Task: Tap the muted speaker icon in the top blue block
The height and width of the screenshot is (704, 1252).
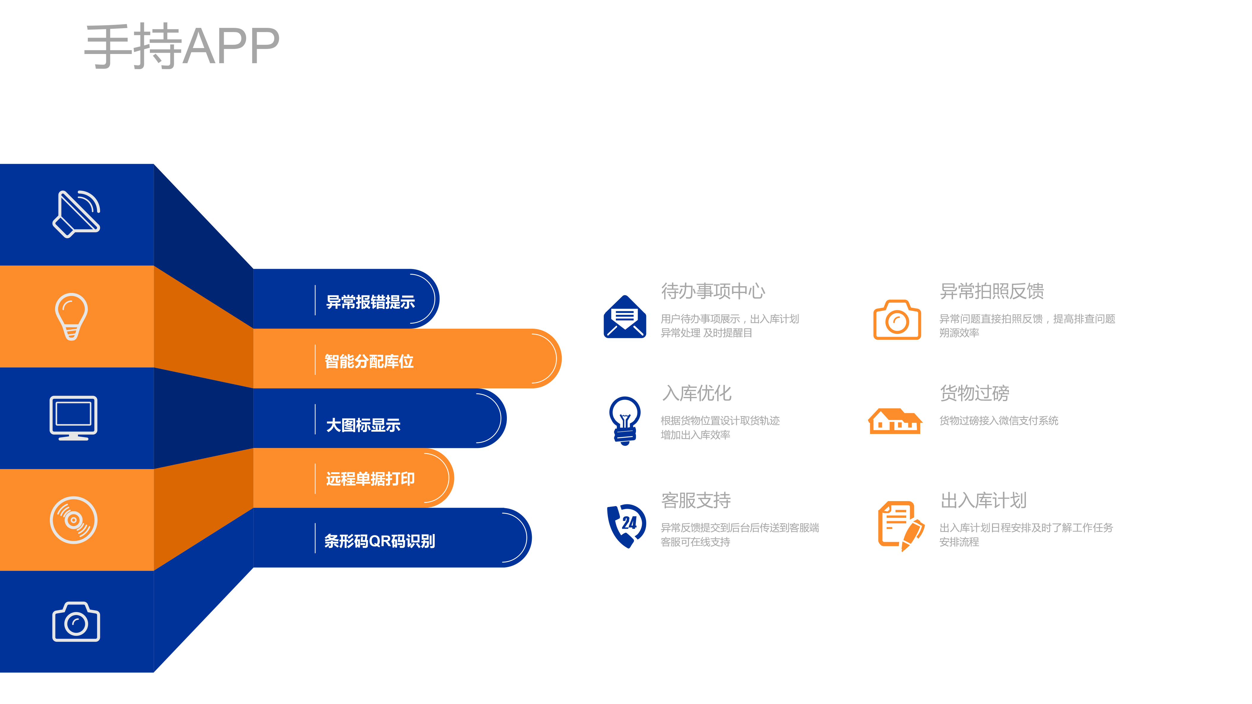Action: pos(76,214)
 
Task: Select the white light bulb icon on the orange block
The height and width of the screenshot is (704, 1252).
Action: pos(72,316)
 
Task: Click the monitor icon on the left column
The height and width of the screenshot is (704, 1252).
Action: pos(73,418)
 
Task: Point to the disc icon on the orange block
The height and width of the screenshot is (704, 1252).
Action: pos(73,520)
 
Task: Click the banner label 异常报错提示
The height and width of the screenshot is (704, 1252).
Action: pos(370,302)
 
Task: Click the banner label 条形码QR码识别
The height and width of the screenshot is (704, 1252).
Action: pos(380,541)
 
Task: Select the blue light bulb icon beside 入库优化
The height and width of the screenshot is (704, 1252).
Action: pos(625,421)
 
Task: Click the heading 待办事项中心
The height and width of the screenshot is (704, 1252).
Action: pos(713,291)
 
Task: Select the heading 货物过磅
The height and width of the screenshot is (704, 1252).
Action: pos(975,393)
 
